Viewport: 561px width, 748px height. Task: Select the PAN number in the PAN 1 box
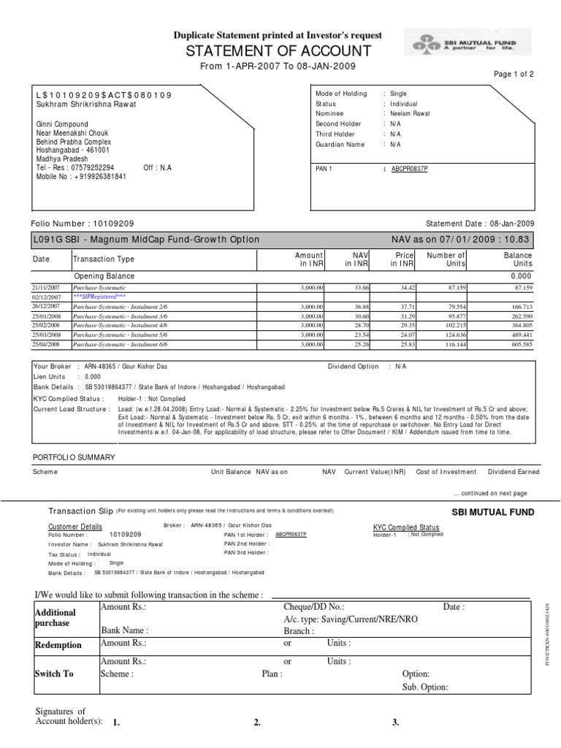pos(410,169)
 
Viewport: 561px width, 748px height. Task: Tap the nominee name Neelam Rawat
pos(410,114)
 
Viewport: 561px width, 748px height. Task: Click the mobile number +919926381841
pos(81,177)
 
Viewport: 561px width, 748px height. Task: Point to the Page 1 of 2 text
pos(514,75)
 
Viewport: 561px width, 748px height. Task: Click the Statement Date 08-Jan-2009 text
pos(480,224)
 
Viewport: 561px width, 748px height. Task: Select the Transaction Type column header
pos(104,259)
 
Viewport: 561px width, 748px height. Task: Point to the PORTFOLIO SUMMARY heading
pos(75,457)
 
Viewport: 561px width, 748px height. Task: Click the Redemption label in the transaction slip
pos(58,646)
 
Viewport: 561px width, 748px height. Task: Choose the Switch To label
pos(54,673)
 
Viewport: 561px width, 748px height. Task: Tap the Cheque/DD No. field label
pos(313,607)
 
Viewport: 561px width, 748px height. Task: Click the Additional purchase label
pos(56,618)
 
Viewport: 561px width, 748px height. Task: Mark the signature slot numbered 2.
pos(257,723)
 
